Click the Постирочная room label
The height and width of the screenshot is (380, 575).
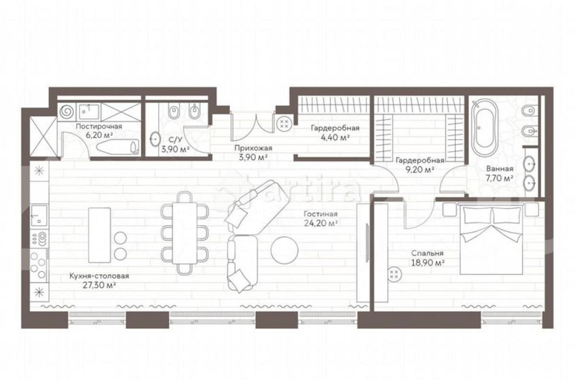(99, 126)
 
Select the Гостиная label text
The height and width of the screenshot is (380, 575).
(320, 214)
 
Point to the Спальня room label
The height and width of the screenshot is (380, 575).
(427, 254)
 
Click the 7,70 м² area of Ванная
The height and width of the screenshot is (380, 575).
(500, 178)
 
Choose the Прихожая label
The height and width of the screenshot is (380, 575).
(254, 148)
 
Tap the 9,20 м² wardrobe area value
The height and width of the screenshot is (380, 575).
(421, 170)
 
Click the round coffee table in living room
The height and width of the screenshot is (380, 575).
(284, 250)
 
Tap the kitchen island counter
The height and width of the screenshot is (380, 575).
(99, 235)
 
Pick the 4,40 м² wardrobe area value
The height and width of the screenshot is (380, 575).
(335, 137)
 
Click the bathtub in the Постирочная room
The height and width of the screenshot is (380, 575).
(117, 147)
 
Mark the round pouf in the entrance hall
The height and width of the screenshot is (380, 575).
(284, 123)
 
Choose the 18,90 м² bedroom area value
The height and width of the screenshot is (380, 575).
(428, 263)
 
